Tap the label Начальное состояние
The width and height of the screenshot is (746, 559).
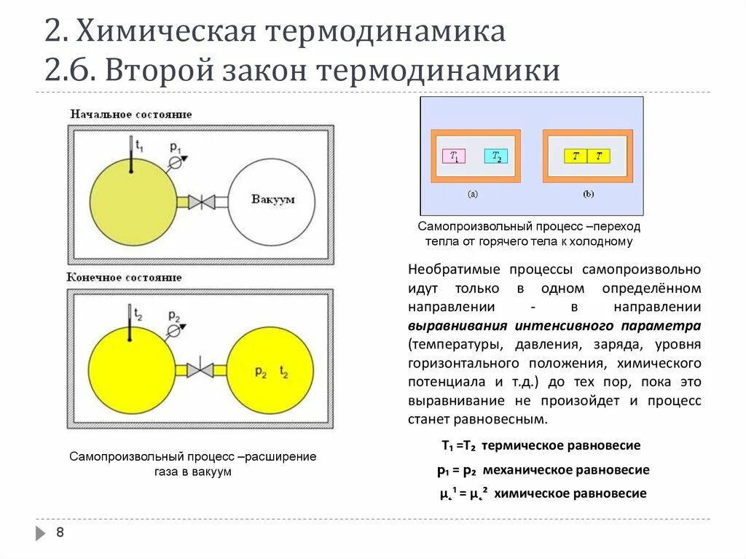click(130, 114)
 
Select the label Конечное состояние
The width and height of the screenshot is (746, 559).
click(125, 278)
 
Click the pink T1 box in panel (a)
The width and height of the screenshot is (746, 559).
click(454, 156)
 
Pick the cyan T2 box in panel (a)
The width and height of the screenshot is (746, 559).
click(495, 156)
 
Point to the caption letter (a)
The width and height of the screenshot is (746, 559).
click(473, 195)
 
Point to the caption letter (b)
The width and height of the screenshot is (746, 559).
click(588, 195)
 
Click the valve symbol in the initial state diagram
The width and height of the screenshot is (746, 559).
click(201, 202)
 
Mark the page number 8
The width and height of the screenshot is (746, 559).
click(60, 533)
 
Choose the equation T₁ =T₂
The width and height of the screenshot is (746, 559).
click(458, 445)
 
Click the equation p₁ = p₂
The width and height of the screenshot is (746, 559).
click(456, 470)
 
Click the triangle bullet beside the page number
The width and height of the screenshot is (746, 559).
click(40, 533)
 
